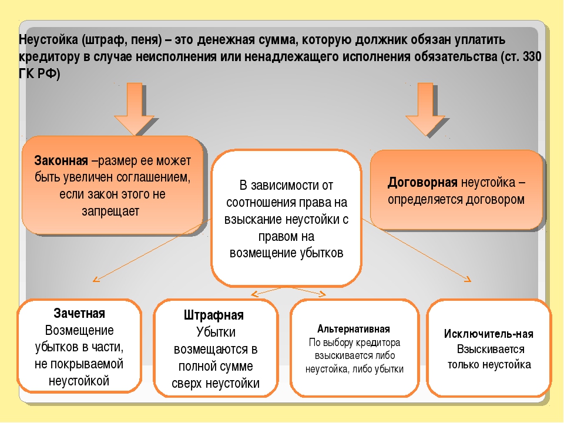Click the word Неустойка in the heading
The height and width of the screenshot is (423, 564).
(49, 39)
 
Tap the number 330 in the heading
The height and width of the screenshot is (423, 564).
(532, 57)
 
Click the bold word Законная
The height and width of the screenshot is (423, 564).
(61, 160)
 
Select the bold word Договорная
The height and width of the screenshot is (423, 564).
(422, 182)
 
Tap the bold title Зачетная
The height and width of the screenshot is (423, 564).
(79, 313)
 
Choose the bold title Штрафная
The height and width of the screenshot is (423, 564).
(214, 315)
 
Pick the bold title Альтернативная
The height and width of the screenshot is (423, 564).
(353, 329)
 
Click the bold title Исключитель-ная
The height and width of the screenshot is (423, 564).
(488, 334)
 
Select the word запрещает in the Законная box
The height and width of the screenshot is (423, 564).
(110, 211)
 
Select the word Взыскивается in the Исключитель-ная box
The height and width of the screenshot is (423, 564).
(491, 349)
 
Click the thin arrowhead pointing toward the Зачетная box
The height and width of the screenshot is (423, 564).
(96, 279)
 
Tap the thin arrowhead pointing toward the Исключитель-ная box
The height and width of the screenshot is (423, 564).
(467, 278)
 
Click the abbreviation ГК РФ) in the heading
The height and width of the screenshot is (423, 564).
(39, 74)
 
